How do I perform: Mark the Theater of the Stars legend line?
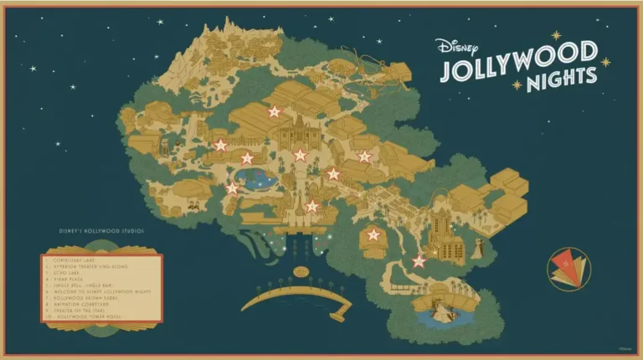coord(93,308)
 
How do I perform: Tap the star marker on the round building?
coord(373,235)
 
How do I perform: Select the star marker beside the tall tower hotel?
coord(419,261)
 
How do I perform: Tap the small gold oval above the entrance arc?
coord(299,272)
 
